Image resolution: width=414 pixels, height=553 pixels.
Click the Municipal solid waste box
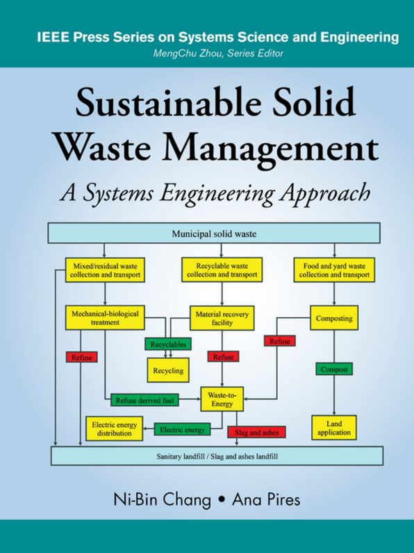tap(214, 233)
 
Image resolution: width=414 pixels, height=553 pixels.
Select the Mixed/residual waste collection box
tap(105, 270)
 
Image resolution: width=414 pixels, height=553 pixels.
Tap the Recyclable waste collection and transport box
tap(222, 270)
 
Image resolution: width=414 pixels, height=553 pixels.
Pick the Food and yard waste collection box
tap(334, 270)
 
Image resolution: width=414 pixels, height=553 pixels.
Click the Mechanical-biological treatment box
tap(105, 318)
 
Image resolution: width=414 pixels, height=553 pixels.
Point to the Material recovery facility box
tap(222, 318)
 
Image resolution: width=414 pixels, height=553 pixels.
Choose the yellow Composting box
tap(334, 318)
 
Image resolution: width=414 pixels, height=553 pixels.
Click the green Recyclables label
tap(168, 344)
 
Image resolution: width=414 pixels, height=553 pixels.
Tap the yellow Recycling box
tap(168, 370)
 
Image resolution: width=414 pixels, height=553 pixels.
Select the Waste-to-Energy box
tap(222, 399)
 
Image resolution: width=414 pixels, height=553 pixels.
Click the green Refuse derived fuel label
tap(144, 400)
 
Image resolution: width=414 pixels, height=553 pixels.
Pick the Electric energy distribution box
tap(115, 428)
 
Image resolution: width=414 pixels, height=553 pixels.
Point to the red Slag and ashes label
tap(256, 433)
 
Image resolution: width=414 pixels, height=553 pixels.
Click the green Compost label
tap(334, 369)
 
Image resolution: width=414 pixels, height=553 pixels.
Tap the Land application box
tap(334, 428)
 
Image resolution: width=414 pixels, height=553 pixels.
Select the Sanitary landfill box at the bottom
tap(217, 456)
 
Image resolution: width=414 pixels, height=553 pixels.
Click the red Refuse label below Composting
tap(280, 341)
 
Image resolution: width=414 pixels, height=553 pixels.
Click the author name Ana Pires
tap(266, 499)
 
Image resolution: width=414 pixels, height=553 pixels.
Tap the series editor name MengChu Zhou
tap(188, 54)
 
